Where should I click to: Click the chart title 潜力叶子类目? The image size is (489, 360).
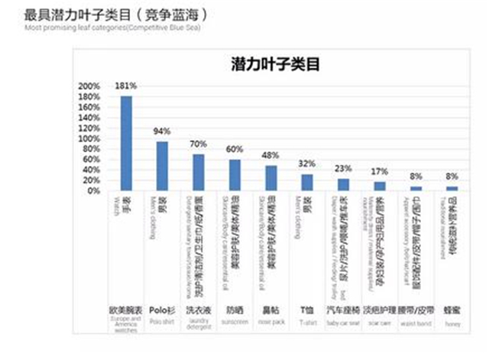274,65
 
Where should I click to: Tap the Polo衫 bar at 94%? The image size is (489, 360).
162,166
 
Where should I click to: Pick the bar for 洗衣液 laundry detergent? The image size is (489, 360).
198,172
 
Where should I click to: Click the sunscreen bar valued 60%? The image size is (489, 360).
235,175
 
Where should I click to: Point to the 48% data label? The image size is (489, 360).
270,155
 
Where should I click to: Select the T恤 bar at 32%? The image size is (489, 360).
306,182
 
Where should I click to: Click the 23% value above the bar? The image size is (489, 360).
343,169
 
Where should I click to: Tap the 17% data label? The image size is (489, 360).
379,173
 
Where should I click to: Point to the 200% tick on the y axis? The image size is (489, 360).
89,86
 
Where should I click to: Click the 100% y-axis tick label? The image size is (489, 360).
89,138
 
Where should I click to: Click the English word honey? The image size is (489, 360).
452,323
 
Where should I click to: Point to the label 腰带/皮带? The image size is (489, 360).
416,310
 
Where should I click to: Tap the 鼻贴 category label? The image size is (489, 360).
270,310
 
